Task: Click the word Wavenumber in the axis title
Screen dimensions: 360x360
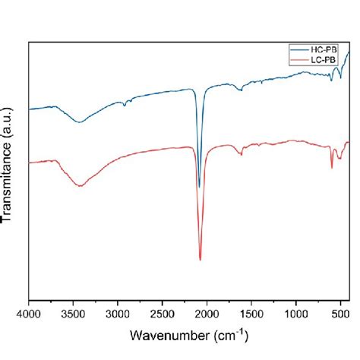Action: coord(164,335)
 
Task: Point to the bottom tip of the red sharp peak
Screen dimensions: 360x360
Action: coord(201,260)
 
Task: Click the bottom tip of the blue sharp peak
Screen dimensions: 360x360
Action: coord(199,187)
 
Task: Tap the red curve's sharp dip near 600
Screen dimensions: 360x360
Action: coord(332,168)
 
